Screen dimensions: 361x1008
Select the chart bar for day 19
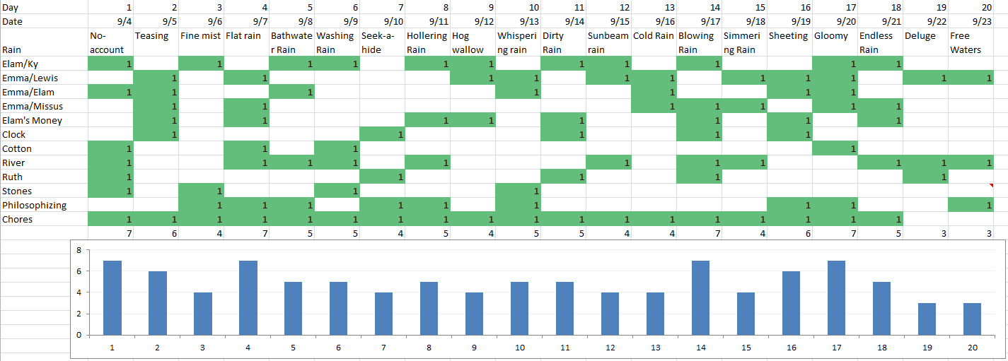click(927, 319)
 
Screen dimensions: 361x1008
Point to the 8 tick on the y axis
click(79, 250)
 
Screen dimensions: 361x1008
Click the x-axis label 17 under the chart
click(836, 348)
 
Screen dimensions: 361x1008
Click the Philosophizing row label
click(35, 205)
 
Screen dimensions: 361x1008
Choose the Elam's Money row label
click(33, 120)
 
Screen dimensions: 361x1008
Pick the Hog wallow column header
click(473, 42)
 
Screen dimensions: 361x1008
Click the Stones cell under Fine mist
click(201, 191)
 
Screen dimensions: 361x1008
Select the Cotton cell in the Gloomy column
click(835, 148)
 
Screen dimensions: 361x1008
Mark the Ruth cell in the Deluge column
click(925, 177)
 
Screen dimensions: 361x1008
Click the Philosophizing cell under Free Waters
click(971, 205)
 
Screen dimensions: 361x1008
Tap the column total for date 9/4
click(110, 233)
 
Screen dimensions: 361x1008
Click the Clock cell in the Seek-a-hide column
click(382, 134)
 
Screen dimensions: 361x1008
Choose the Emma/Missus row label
click(33, 106)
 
